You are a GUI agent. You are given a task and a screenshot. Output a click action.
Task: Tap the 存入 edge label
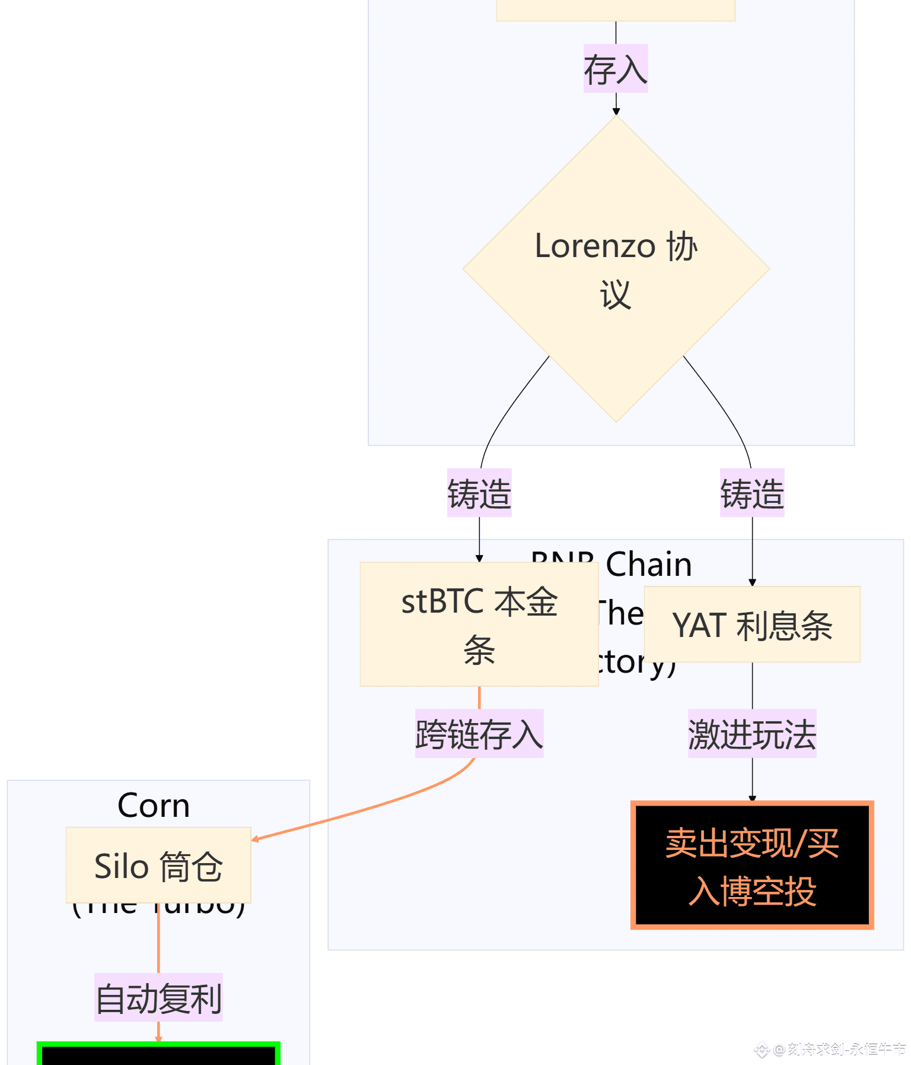[616, 68]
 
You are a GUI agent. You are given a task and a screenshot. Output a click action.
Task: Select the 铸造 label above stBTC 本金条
[479, 493]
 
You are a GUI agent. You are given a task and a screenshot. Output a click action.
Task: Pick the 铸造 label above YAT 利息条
[752, 493]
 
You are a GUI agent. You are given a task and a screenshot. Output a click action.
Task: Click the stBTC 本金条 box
[479, 624]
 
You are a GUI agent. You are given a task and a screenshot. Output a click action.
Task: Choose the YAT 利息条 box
[752, 625]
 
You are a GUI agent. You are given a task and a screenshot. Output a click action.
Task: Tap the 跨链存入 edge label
[479, 734]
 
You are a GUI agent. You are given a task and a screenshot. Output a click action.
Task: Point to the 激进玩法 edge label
[752, 734]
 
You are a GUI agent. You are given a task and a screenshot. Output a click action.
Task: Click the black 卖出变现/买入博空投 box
[752, 866]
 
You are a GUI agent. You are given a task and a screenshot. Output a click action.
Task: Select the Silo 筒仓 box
[158, 865]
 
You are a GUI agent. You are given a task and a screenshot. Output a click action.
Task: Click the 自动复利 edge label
[158, 997]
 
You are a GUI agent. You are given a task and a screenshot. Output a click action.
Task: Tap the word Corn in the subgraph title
[154, 806]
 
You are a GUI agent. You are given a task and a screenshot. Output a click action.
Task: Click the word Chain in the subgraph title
[649, 564]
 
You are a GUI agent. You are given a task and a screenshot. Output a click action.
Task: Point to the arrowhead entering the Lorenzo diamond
[616, 112]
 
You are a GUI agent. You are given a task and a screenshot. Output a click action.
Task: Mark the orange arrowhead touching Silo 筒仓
[256, 839]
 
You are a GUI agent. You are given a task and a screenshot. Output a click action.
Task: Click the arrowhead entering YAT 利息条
[752, 582]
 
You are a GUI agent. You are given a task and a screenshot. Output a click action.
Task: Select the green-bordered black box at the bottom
[158, 1054]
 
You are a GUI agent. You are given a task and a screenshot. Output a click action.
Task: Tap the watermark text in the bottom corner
[836, 1050]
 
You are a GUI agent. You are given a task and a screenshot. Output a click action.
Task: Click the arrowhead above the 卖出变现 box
[752, 798]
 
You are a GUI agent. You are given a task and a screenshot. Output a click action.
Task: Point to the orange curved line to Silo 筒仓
[380, 806]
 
